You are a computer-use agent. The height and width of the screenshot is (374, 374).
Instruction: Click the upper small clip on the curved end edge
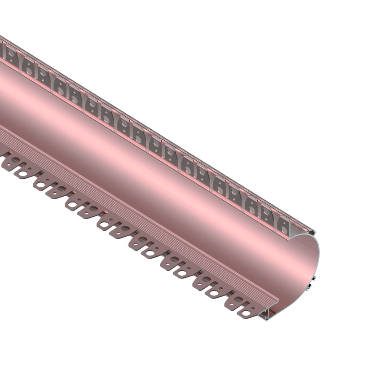[x=313, y=278]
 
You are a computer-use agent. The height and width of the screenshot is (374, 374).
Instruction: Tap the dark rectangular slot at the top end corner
[x=312, y=232]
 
